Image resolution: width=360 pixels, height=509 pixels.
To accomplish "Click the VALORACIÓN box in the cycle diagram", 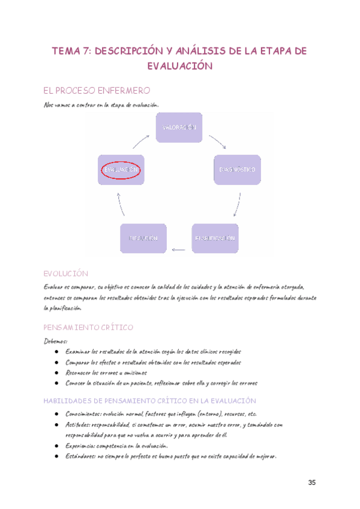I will [179, 128].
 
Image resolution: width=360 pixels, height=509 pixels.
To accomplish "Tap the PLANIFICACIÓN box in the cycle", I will [214, 238].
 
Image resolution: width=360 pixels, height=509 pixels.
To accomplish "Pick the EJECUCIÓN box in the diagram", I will [143, 238].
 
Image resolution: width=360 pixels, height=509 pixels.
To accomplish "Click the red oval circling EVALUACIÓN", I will [121, 170].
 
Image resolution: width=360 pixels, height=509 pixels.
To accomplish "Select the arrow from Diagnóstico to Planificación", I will [238, 205].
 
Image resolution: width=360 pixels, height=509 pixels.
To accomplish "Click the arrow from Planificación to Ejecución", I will [178, 248].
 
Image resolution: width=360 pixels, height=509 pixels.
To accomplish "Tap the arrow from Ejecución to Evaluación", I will [120, 204].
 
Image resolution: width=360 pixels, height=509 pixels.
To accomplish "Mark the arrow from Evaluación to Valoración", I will [141, 140].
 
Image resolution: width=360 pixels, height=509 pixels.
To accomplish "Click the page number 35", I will [312, 483].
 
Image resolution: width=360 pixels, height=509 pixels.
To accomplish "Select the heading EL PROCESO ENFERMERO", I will [96, 91].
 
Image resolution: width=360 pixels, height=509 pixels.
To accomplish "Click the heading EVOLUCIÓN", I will [66, 273].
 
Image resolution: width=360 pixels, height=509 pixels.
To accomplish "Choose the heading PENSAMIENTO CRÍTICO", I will [88, 328].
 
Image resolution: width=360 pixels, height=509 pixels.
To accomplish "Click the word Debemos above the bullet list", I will [56, 341].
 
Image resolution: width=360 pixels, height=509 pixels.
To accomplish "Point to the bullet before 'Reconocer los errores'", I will [56, 373].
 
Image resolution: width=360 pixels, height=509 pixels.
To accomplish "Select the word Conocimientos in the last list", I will [83, 414].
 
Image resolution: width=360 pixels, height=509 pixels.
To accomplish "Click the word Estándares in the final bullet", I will [80, 456].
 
